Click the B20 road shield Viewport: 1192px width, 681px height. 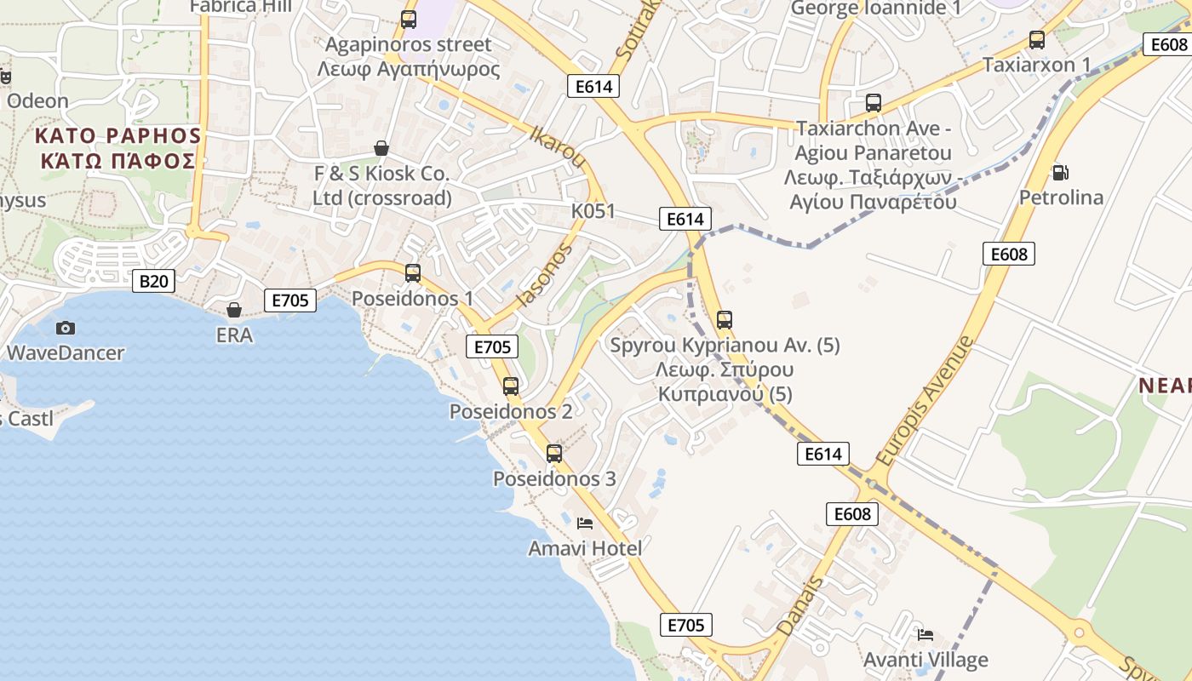153,281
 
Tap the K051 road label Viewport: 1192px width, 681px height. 593,211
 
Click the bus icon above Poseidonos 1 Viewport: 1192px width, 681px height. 413,273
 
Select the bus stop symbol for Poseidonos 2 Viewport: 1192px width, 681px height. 511,386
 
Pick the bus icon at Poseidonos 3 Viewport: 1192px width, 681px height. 554,453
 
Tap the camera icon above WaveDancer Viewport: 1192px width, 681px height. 65,328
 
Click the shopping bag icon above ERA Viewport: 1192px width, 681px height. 234,310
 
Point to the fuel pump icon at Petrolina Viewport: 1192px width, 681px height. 1060,173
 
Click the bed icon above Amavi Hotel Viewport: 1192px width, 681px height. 585,523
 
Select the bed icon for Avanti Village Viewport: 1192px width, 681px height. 926,634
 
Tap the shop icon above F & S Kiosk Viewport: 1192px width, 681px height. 381,148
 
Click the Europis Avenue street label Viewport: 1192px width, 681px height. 925,400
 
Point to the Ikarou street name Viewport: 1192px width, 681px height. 558,147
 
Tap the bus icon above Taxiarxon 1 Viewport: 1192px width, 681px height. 1036,39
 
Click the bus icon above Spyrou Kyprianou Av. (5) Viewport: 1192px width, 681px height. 725,319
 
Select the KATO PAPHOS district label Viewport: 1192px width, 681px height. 117,148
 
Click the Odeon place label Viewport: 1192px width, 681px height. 37,100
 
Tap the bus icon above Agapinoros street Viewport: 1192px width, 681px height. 409,19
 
